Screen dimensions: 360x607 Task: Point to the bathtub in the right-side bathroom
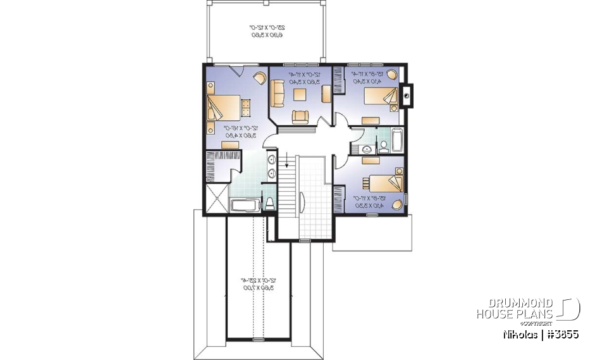click(397, 140)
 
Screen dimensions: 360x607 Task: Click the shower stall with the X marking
click(216, 198)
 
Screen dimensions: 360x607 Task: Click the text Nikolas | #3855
click(541, 333)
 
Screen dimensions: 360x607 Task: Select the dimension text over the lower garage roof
click(259, 283)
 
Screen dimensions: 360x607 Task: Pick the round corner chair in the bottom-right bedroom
click(396, 204)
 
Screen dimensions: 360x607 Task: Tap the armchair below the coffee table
click(300, 116)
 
